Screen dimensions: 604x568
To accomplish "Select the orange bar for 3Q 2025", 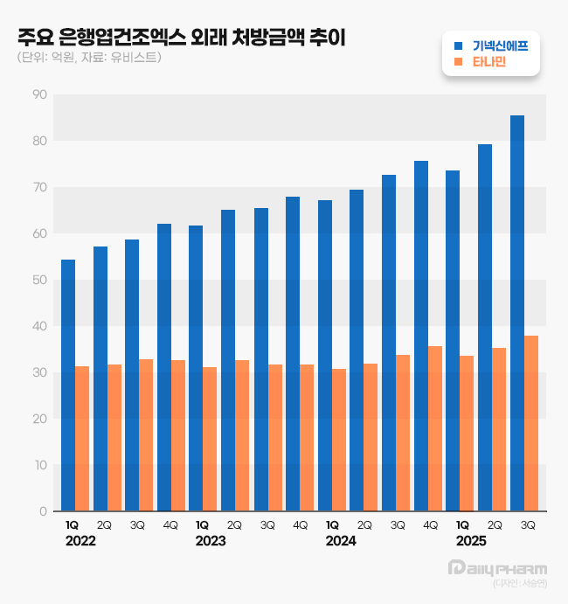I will point(531,423).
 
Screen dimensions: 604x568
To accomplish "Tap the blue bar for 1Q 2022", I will point(68,385).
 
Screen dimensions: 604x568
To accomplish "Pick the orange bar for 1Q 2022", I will point(82,438).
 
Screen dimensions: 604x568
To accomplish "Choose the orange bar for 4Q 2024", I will point(435,428).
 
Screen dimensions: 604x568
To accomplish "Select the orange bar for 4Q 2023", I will point(307,437).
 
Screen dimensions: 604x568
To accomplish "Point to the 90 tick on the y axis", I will point(38,94).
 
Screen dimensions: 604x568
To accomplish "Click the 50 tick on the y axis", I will point(38,280).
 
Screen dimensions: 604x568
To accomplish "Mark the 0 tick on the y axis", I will point(42,511).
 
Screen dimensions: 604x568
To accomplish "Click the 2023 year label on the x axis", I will point(211,542).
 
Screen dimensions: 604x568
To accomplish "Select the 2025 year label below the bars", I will point(471,542).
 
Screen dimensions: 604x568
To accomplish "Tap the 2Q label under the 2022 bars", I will point(105,525).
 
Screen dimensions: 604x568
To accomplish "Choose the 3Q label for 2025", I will point(527,525).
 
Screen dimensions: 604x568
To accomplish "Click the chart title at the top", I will point(181,38).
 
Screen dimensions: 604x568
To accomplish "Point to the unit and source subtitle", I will point(88,58).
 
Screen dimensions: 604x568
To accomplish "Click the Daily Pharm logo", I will point(496,568).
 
